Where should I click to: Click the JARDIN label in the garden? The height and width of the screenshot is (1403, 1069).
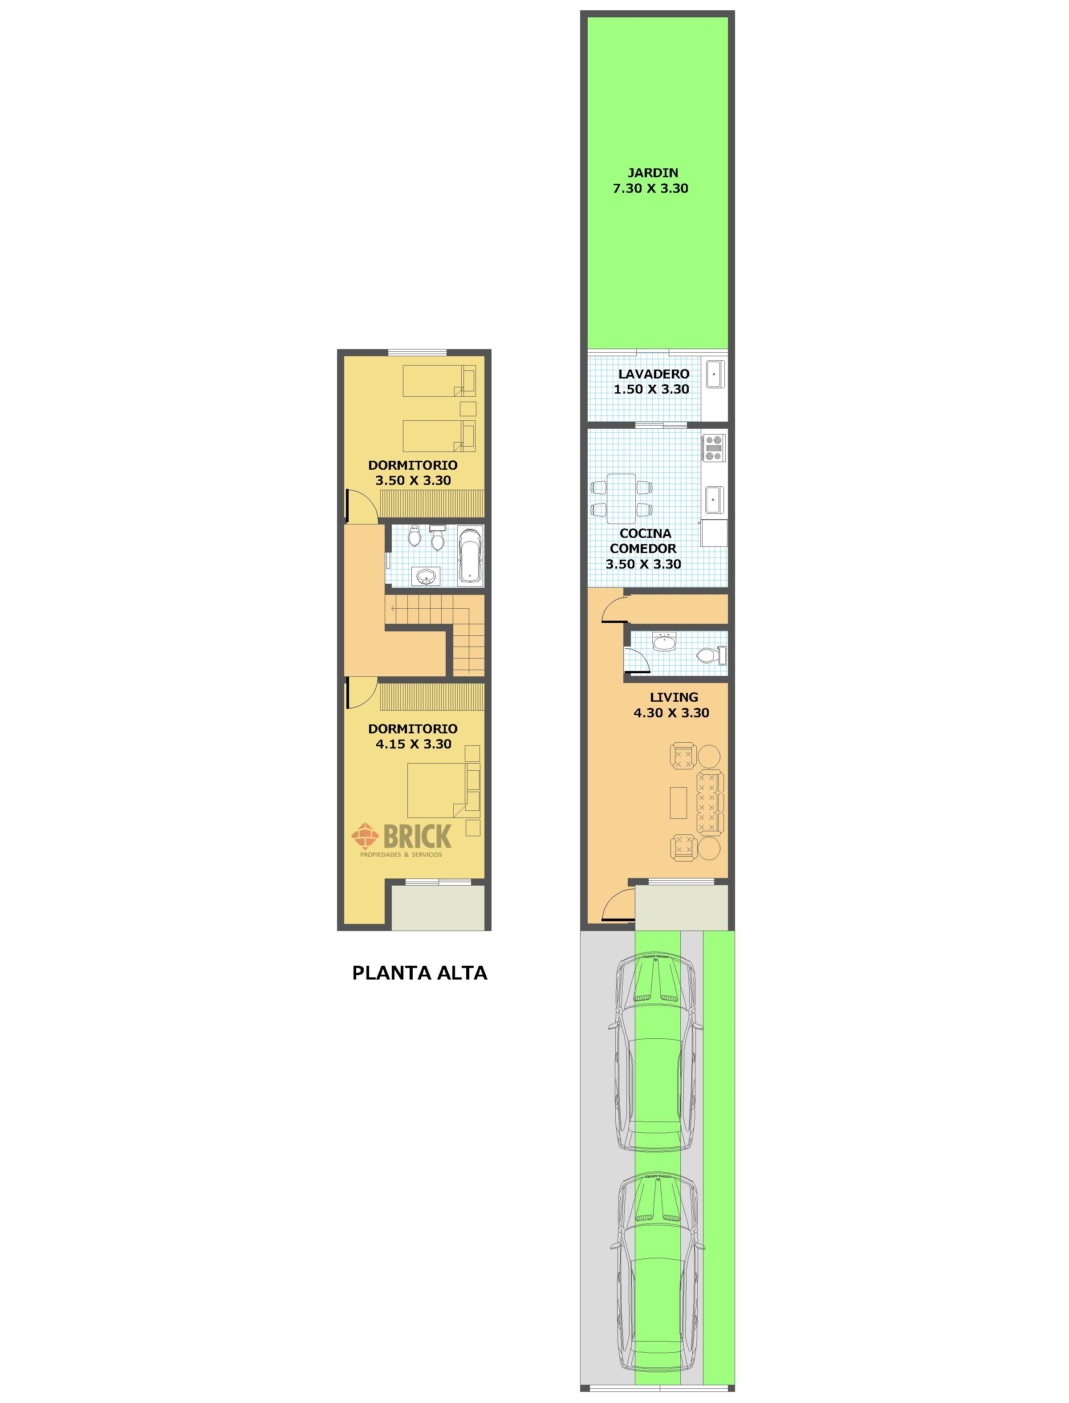pos(653,172)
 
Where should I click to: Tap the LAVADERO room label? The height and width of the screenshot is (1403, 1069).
pos(654,374)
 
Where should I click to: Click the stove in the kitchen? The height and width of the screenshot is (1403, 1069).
pos(713,447)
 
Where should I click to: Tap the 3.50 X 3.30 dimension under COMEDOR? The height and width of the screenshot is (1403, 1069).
pos(643,564)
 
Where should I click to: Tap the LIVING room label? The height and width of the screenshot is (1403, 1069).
pos(674,697)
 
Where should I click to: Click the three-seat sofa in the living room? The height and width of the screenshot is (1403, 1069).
pos(711,802)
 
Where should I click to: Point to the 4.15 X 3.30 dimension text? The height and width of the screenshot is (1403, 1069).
pos(414,744)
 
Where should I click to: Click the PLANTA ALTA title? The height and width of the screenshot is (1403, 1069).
pos(420,973)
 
